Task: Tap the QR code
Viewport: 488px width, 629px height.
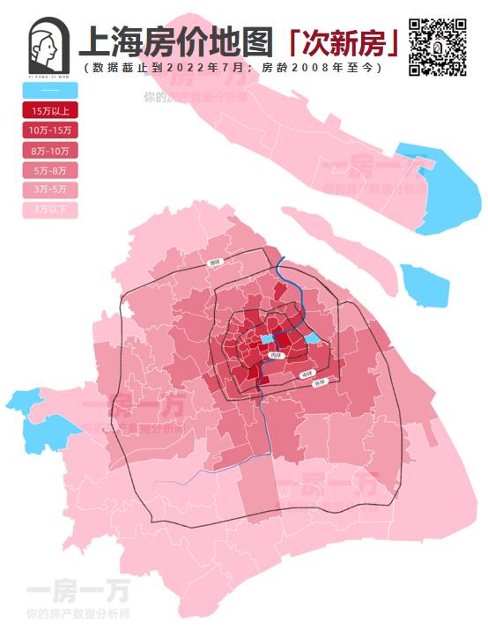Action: [438, 45]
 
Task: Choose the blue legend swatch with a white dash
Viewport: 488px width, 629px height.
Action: [50, 91]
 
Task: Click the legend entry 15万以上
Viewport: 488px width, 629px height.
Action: [50, 111]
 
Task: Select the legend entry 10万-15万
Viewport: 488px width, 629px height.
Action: [50, 130]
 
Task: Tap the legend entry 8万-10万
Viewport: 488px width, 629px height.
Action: [50, 151]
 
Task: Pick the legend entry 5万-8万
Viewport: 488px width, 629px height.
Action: [50, 170]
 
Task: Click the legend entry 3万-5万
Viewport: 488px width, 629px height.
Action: [50, 189]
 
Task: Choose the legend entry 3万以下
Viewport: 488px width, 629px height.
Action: [50, 210]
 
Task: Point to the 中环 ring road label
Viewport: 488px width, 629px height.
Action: [307, 375]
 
